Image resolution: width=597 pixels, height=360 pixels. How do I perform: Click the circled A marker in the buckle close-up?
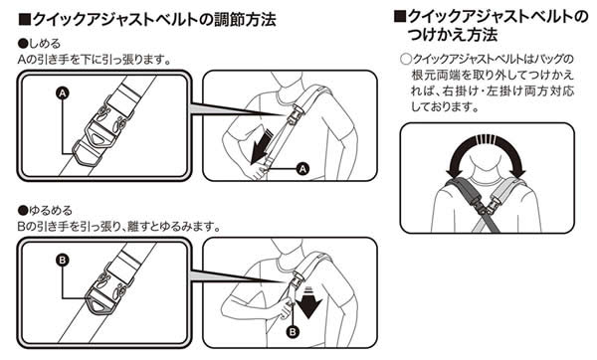[x=63, y=92]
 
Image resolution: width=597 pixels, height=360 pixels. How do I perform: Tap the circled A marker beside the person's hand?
[x=302, y=169]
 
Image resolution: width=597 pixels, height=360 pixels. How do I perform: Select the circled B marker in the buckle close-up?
[x=63, y=261]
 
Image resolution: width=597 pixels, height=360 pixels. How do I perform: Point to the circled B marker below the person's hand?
[x=293, y=332]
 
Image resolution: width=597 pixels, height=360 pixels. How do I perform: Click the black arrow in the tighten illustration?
[x=261, y=147]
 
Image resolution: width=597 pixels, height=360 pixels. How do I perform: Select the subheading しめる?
[x=45, y=44]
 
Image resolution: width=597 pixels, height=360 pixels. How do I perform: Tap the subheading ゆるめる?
[x=51, y=210]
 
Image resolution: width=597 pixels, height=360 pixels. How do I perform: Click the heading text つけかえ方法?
[x=453, y=35]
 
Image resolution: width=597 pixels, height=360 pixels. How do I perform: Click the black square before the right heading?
[x=400, y=16]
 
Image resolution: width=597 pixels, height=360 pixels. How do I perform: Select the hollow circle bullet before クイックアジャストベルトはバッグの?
[x=406, y=60]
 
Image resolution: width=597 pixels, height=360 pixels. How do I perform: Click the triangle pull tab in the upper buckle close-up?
[x=99, y=139]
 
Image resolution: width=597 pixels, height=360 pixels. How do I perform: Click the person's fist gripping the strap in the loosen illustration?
[x=286, y=309]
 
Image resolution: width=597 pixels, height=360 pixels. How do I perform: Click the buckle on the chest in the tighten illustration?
[x=296, y=113]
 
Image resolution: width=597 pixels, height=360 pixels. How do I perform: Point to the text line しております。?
[x=446, y=107]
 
